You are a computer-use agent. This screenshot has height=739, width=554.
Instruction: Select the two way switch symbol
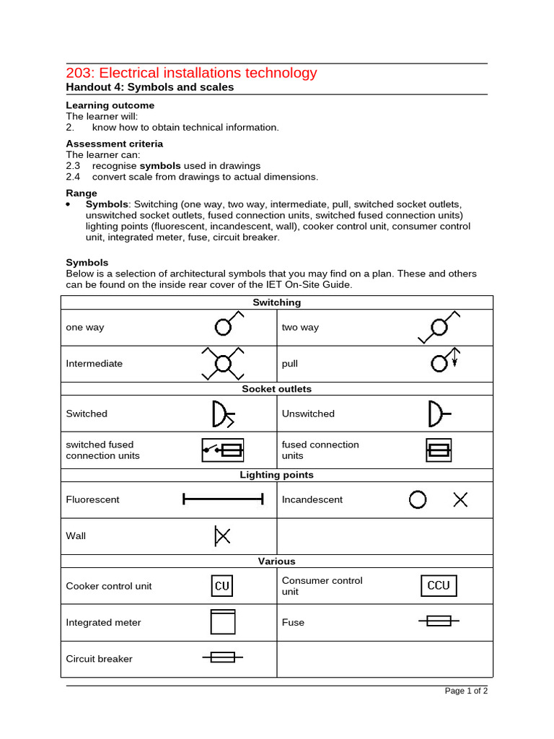pyautogui.click(x=439, y=327)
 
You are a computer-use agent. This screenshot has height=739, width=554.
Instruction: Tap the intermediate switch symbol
pyautogui.click(x=223, y=363)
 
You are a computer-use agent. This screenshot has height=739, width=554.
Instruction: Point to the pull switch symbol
pyautogui.click(x=443, y=361)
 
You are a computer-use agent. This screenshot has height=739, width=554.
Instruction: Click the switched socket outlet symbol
pyautogui.click(x=221, y=414)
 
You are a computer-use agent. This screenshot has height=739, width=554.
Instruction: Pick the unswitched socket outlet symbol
pyautogui.click(x=438, y=414)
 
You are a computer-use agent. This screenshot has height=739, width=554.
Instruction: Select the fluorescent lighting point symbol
pyautogui.click(x=223, y=499)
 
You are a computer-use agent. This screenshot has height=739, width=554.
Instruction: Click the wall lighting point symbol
pyautogui.click(x=222, y=535)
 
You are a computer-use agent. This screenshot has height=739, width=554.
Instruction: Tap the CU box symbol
pyautogui.click(x=222, y=586)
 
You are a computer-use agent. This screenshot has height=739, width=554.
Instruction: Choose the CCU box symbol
pyautogui.click(x=439, y=585)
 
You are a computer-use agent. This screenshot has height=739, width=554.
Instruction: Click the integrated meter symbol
pyautogui.click(x=223, y=621)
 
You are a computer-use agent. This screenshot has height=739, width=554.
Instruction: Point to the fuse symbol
pyautogui.click(x=439, y=621)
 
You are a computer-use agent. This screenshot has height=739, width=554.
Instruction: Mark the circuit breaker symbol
pyautogui.click(x=222, y=657)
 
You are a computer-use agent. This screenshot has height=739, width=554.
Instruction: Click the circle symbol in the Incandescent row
pyautogui.click(x=418, y=499)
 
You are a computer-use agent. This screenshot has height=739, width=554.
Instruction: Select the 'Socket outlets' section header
pyautogui.click(x=277, y=389)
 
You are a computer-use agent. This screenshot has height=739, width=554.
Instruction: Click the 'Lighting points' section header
pyautogui.click(x=277, y=475)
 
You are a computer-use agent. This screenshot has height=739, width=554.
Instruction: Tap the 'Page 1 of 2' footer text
pyautogui.click(x=466, y=691)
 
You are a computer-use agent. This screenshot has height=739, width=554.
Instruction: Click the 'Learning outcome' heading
pyautogui.click(x=110, y=105)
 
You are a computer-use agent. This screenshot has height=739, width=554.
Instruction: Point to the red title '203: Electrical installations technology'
pyautogui.click(x=191, y=73)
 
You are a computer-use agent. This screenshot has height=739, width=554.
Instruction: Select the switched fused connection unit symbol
pyautogui.click(x=222, y=450)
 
